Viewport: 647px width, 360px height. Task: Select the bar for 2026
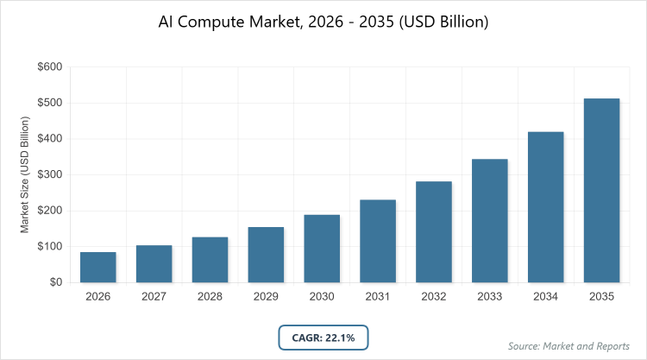[x=98, y=267]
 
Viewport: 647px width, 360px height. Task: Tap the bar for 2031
[x=378, y=241]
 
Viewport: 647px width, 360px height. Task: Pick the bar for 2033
[x=490, y=220]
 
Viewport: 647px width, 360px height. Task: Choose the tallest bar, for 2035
[x=601, y=190]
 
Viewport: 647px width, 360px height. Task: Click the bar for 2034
[x=546, y=206]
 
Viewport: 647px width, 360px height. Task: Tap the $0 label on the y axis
[x=53, y=282]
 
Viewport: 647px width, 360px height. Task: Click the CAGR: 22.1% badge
[x=323, y=337]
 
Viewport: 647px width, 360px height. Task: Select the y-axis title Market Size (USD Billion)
[x=25, y=174]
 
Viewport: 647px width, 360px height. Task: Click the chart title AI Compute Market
[x=323, y=22]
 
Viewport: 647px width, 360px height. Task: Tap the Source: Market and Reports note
[x=569, y=345]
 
